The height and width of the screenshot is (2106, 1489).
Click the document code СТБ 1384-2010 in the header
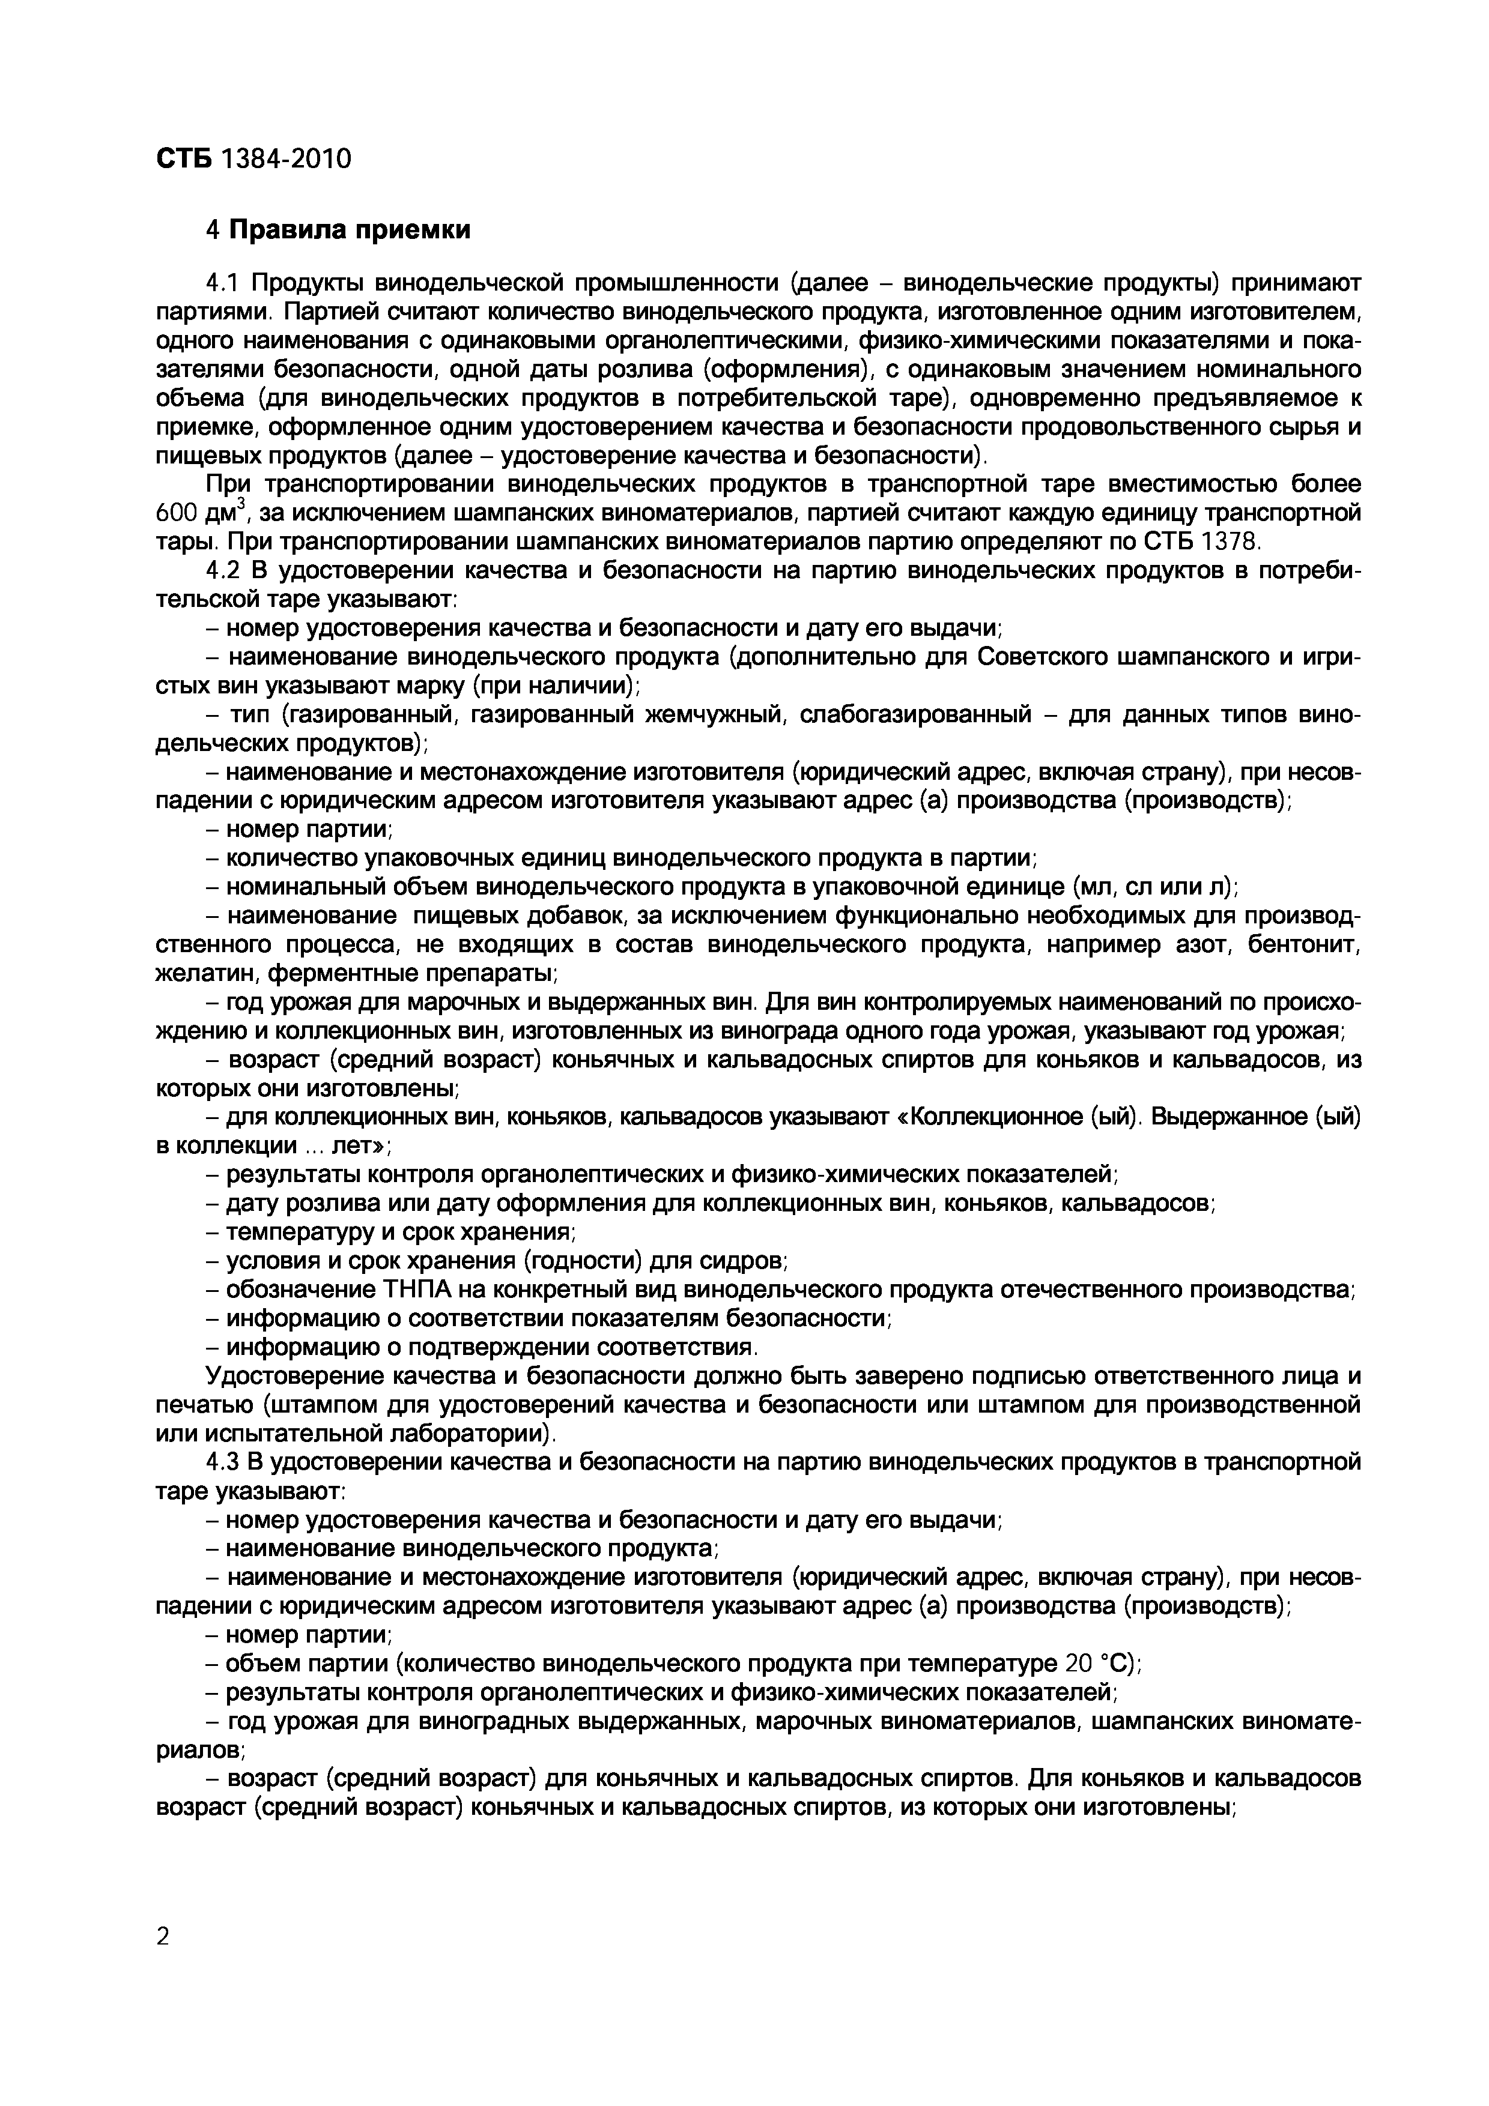[x=253, y=158]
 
